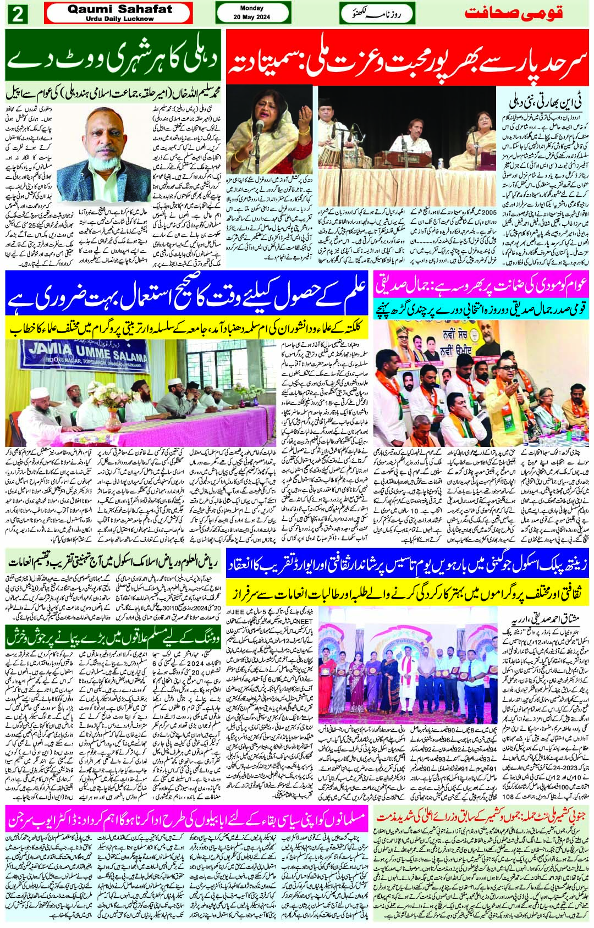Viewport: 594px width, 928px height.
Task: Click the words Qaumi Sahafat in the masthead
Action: (119, 9)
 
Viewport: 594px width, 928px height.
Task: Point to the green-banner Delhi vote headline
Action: (112, 58)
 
